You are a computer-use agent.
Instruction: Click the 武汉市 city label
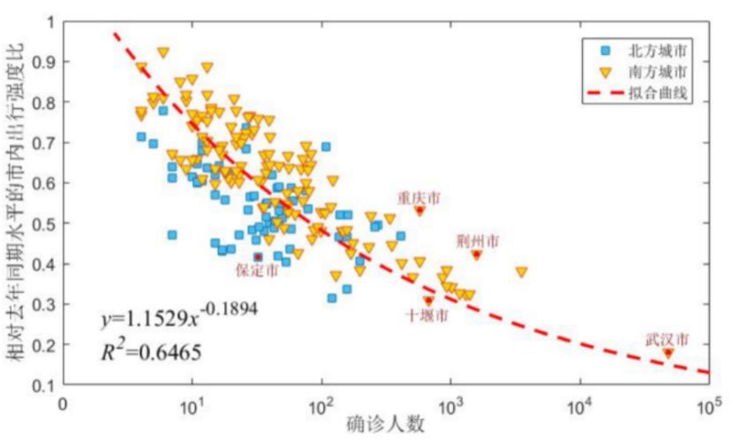coord(667,339)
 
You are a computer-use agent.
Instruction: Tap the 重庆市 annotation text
coord(419,196)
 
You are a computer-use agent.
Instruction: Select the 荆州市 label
coord(478,240)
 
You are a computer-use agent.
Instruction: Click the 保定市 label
coord(257,271)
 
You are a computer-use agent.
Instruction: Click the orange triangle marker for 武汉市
coord(668,353)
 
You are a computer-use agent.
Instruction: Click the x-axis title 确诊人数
coord(387,424)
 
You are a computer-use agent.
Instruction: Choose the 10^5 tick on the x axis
coord(708,405)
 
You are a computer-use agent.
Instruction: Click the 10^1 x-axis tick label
coord(193,405)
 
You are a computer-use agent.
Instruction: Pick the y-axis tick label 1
coord(49,21)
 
